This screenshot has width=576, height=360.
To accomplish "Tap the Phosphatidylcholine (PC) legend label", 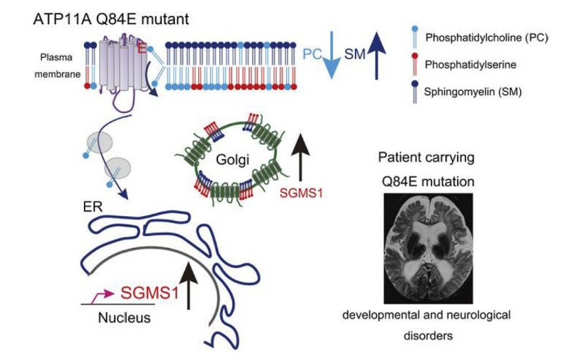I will pyautogui.click(x=487, y=38).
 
